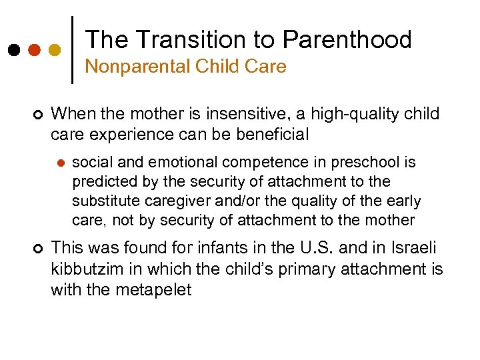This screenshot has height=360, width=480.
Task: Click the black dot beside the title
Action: point(13,50)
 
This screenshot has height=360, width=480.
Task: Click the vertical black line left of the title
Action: point(72,50)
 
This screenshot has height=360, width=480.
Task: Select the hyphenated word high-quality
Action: point(350,114)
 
